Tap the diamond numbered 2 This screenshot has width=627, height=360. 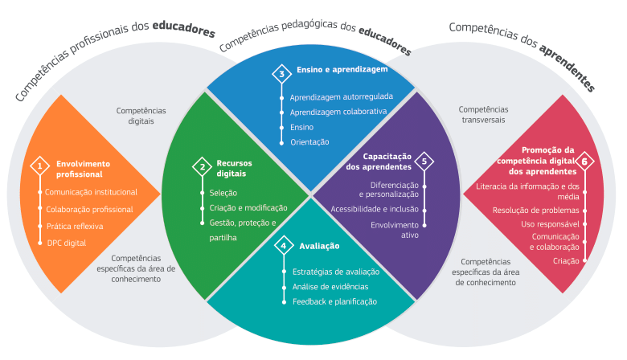pyautogui.click(x=202, y=166)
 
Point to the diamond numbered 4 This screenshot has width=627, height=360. pyautogui.click(x=282, y=245)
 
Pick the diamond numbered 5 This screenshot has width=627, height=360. pyautogui.click(x=424, y=161)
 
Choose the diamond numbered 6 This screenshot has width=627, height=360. pyautogui.click(x=584, y=161)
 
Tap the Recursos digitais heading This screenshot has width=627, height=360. pyautogui.click(x=234, y=167)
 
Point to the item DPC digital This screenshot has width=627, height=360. pyautogui.click(x=66, y=242)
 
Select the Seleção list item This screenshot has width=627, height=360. pyautogui.click(x=223, y=193)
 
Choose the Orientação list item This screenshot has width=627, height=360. pyautogui.click(x=309, y=141)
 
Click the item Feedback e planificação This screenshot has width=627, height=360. pyautogui.click(x=334, y=301)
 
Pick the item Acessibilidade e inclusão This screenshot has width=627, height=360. pyautogui.click(x=375, y=209)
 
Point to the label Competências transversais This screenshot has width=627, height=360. pyautogui.click(x=484, y=115)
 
